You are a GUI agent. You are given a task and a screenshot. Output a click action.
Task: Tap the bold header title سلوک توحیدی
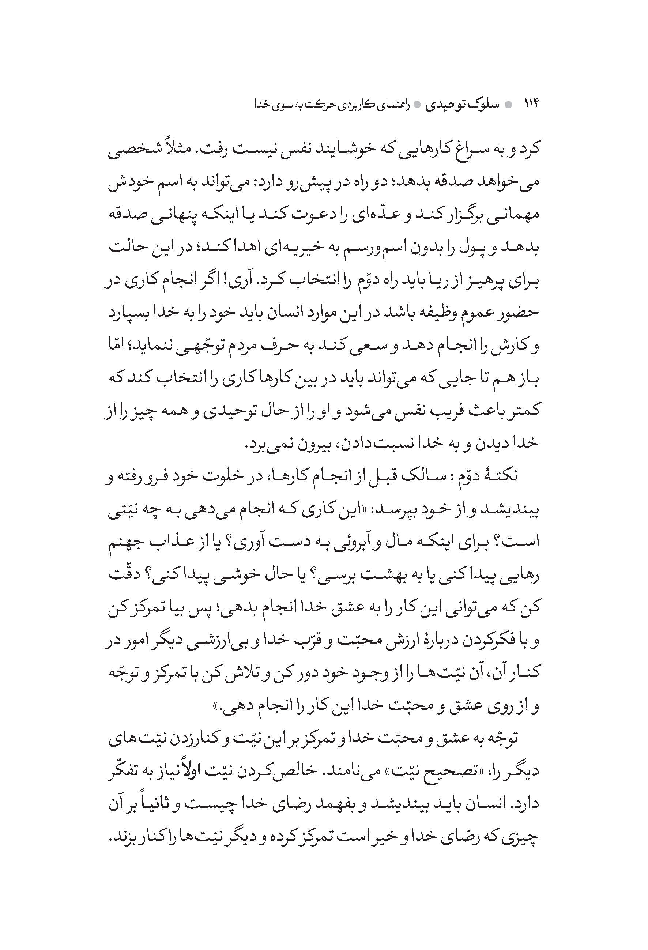coord(461,105)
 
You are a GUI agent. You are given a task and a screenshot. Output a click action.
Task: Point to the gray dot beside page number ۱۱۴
coord(508,105)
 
